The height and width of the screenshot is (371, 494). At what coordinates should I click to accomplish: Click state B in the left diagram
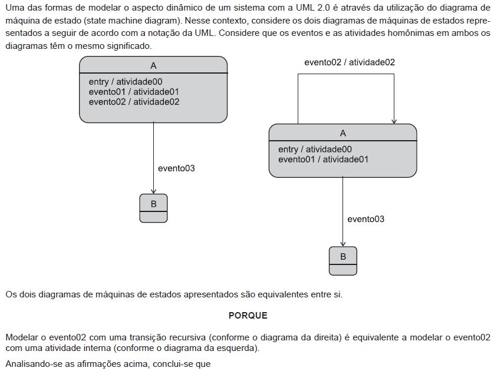click(x=153, y=208)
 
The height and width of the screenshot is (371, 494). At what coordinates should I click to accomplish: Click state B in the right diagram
click(x=343, y=261)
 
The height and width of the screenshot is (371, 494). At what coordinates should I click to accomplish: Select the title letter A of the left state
click(x=153, y=66)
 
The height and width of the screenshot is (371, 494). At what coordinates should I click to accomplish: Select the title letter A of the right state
click(x=343, y=134)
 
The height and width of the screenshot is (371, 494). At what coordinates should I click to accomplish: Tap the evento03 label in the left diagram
click(x=176, y=168)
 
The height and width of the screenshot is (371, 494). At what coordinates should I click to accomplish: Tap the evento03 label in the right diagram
click(x=365, y=219)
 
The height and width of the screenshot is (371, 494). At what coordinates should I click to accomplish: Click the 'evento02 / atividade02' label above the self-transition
click(x=350, y=62)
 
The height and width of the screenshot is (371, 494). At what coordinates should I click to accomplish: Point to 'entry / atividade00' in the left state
click(x=126, y=82)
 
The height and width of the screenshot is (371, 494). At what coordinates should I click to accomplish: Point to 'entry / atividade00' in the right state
click(x=315, y=149)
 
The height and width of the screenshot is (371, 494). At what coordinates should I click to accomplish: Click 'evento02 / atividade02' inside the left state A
click(x=134, y=102)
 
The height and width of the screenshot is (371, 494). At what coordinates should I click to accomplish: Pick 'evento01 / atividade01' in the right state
click(x=323, y=159)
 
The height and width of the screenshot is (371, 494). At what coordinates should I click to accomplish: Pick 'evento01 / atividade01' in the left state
click(x=134, y=92)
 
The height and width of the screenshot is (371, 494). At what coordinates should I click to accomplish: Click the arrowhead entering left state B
click(x=153, y=191)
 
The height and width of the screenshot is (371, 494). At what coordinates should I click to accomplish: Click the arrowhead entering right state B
click(x=343, y=244)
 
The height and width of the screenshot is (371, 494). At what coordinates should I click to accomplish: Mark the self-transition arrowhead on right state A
click(x=394, y=121)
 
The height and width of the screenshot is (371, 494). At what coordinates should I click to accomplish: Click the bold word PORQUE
click(x=248, y=315)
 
